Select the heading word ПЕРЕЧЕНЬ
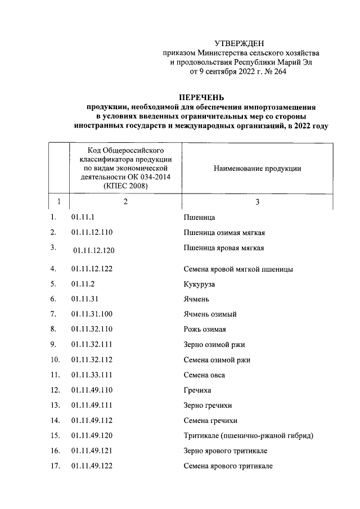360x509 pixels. (201, 96)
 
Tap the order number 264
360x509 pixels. (280, 71)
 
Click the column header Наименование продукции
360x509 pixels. (258, 169)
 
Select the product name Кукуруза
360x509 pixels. (199, 284)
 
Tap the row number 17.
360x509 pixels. (55, 466)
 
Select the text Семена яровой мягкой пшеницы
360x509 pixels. (238, 269)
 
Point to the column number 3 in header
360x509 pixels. (257, 202)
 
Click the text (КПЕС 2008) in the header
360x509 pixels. (126, 187)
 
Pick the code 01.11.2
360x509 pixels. (83, 284)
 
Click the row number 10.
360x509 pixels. (55, 359)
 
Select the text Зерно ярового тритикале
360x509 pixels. (225, 451)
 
